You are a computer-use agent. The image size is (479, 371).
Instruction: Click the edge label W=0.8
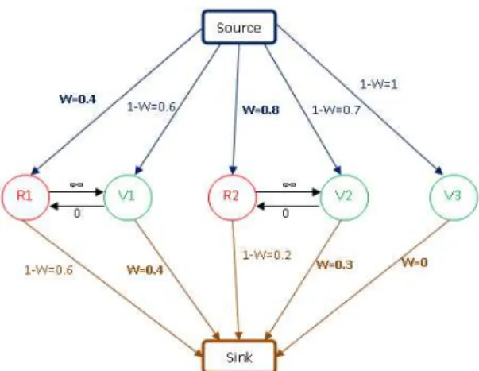(x=261, y=110)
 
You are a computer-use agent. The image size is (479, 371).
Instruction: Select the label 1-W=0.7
(x=336, y=110)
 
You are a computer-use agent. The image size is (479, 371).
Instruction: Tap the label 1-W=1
(x=379, y=84)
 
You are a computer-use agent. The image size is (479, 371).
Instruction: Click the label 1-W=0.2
(x=267, y=255)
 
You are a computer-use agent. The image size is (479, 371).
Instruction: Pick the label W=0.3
(x=334, y=265)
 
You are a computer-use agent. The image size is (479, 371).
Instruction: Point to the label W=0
(x=415, y=262)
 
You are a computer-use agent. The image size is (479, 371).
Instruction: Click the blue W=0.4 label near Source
(x=78, y=99)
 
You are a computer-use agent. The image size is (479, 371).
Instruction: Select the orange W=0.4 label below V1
(x=145, y=270)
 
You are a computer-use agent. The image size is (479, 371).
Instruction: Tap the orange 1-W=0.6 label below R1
(x=48, y=270)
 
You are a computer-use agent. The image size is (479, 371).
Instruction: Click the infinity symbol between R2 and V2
(x=289, y=184)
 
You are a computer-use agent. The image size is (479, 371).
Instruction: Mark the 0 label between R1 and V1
(x=77, y=214)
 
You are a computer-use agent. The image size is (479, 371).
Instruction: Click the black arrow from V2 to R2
(x=288, y=207)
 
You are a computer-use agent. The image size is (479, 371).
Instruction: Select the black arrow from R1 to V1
(x=77, y=192)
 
